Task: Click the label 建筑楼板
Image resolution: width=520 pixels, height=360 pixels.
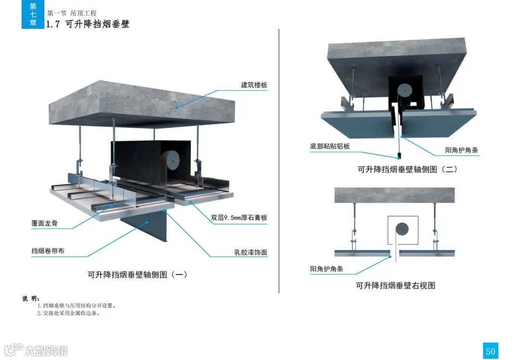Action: (254, 85)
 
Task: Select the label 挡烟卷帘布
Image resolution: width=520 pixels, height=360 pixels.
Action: (47, 251)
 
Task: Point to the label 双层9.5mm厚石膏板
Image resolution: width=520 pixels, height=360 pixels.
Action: (239, 218)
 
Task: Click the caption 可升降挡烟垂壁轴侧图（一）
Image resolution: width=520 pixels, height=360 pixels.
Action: (137, 275)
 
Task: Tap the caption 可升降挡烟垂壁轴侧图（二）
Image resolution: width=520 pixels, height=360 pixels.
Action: (407, 169)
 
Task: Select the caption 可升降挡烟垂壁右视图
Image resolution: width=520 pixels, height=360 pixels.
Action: (395, 285)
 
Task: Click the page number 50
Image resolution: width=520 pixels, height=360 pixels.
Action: (490, 351)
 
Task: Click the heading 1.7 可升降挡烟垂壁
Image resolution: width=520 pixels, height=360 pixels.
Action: (88, 24)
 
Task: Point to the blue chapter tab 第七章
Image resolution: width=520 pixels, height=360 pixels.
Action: (33, 14)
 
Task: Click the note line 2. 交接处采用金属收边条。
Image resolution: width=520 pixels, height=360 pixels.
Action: (68, 313)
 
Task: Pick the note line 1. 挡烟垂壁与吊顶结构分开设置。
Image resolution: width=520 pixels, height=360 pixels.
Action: (77, 306)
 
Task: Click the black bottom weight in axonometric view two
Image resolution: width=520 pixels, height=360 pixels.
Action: (399, 155)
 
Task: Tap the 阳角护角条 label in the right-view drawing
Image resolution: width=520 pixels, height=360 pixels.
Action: (326, 269)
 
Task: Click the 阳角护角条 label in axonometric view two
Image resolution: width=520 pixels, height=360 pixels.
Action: (462, 151)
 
